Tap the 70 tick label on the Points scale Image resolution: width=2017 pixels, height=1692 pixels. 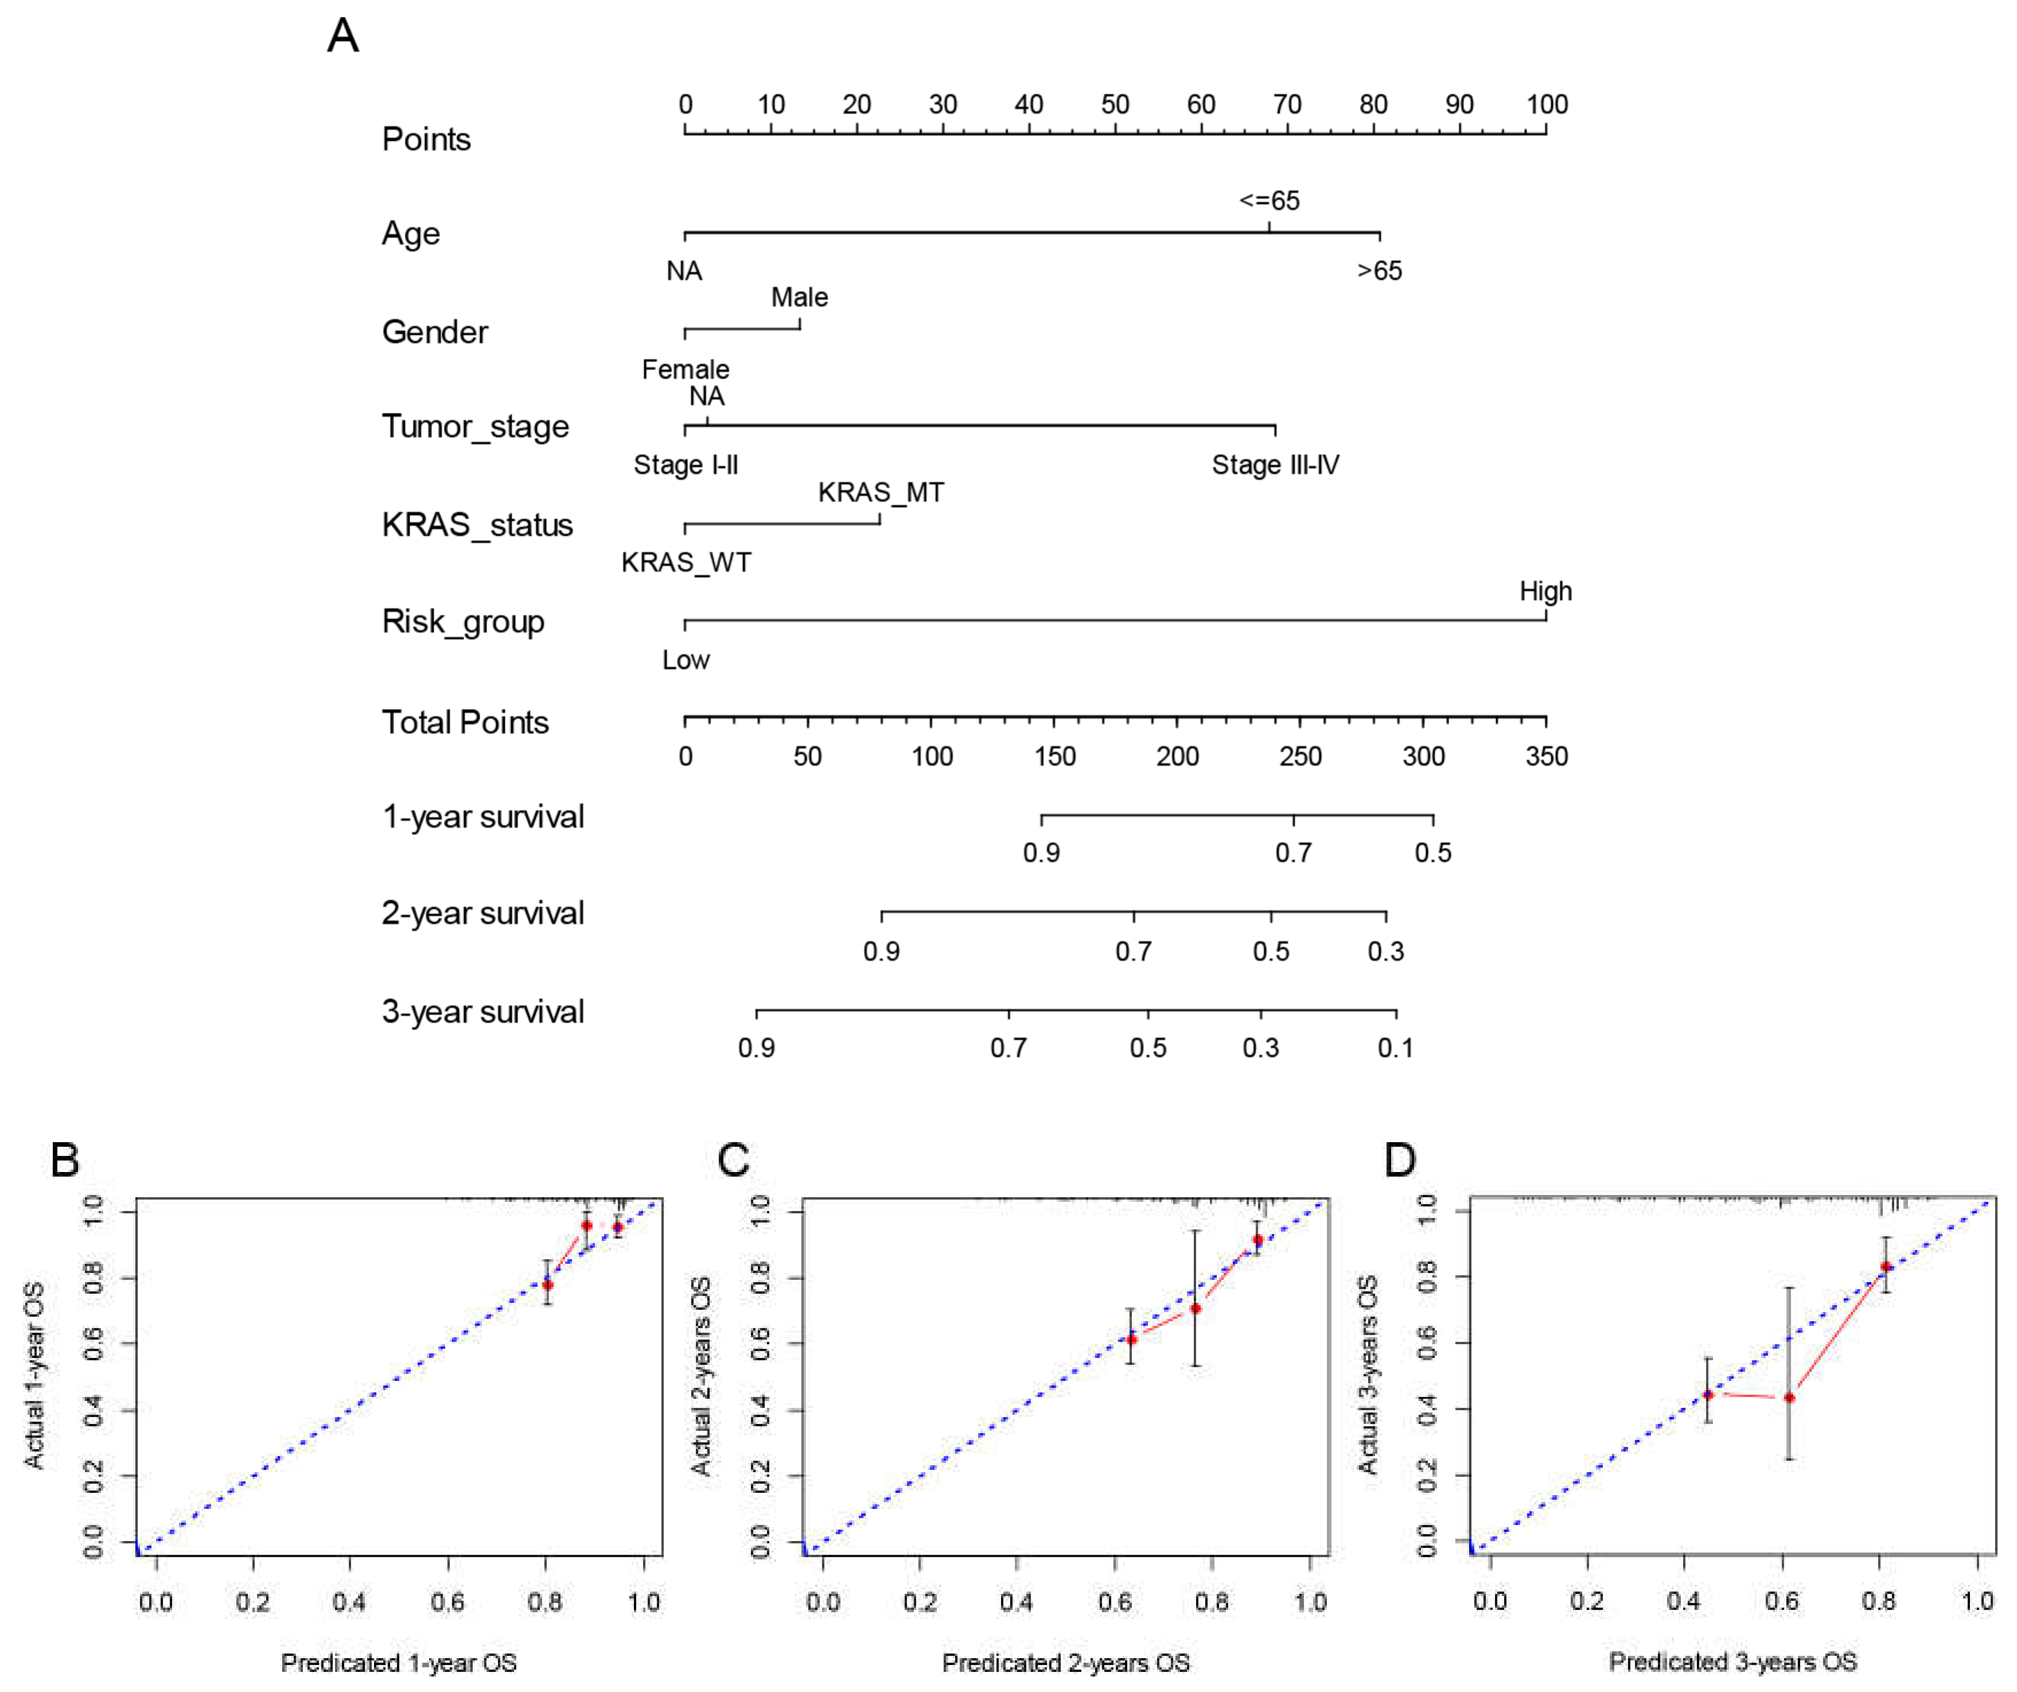click(x=1287, y=104)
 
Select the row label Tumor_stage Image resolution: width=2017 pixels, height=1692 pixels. click(x=476, y=426)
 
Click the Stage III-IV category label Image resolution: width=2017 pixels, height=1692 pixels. click(x=1275, y=465)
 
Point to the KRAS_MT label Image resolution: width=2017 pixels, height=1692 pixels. click(x=881, y=493)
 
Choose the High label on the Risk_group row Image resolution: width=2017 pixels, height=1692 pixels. click(x=1545, y=591)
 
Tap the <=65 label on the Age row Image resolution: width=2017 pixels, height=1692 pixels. click(x=1269, y=201)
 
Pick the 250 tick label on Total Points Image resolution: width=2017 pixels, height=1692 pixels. click(x=1300, y=756)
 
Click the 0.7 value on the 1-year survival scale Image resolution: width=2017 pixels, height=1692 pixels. click(x=1293, y=852)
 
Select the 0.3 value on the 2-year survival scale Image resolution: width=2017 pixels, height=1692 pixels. click(x=1386, y=951)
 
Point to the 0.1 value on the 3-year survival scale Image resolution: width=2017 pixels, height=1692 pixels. click(x=1396, y=1048)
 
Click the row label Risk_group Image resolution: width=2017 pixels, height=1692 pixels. click(x=463, y=622)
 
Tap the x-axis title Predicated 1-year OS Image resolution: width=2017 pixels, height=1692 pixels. click(x=399, y=1662)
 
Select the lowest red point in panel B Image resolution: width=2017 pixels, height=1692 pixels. click(x=547, y=1284)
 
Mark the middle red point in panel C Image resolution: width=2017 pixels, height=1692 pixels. click(x=1195, y=1309)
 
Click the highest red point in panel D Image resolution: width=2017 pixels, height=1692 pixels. click(x=1886, y=1266)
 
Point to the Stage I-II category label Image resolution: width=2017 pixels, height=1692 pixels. click(x=686, y=465)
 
